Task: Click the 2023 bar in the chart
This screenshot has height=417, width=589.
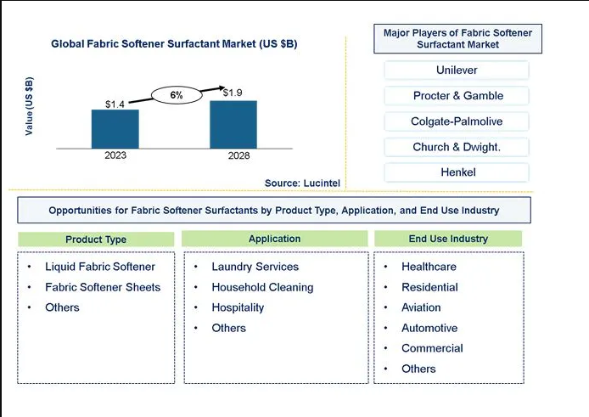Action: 115,129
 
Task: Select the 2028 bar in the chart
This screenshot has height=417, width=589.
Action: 233,125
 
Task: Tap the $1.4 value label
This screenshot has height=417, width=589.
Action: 115,104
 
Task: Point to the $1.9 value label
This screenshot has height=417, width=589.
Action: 233,93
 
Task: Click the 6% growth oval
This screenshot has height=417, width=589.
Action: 177,95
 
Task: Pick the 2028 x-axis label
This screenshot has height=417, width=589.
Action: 238,155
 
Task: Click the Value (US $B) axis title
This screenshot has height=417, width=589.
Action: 29,106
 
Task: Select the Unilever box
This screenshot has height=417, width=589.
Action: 457,70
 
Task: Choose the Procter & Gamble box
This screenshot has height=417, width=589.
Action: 457,95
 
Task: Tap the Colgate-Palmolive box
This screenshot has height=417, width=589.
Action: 457,121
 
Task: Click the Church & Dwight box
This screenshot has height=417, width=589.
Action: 457,147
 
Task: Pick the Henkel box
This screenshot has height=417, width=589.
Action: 457,172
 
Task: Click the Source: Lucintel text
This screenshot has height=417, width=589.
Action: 302,183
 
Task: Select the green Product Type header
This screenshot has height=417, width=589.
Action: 96,239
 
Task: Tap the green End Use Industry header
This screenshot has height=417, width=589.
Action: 448,239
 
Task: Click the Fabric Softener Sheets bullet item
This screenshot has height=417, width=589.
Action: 103,287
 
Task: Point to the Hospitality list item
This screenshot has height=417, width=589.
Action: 238,307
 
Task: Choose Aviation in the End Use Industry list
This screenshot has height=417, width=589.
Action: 421,307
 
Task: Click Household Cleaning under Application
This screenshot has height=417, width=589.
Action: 262,287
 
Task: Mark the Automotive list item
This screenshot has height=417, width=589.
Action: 429,328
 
